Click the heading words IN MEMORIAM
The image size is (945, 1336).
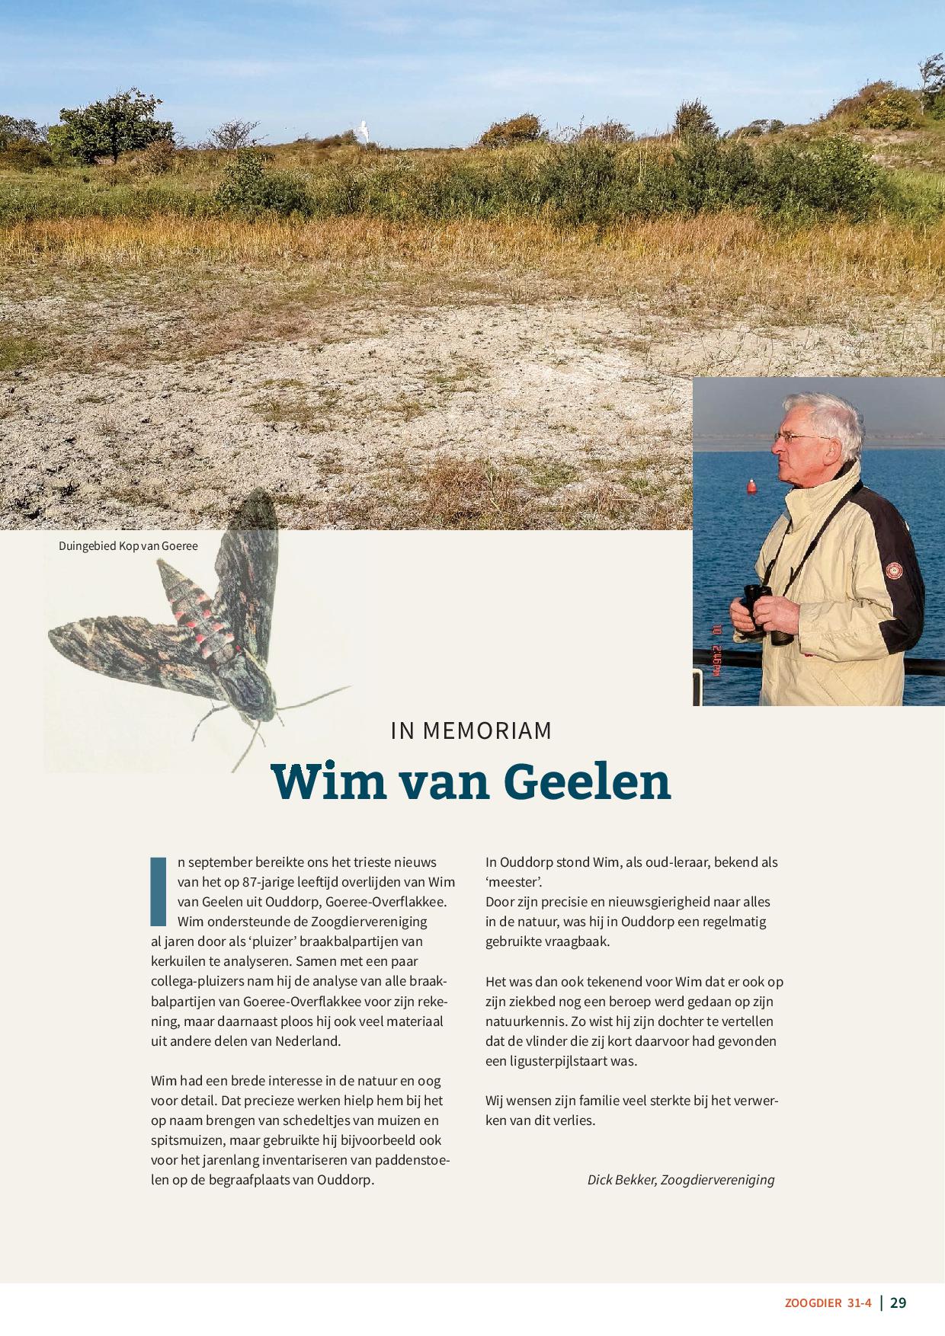[x=471, y=730]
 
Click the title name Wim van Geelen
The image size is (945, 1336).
[x=471, y=781]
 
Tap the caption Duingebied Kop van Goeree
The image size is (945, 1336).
[x=128, y=545]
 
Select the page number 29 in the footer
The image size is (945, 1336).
[x=899, y=1302]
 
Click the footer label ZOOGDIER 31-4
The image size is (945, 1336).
[x=828, y=1303]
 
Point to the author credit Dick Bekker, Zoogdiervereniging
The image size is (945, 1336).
[x=681, y=1179]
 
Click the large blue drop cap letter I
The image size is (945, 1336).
[x=159, y=891]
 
